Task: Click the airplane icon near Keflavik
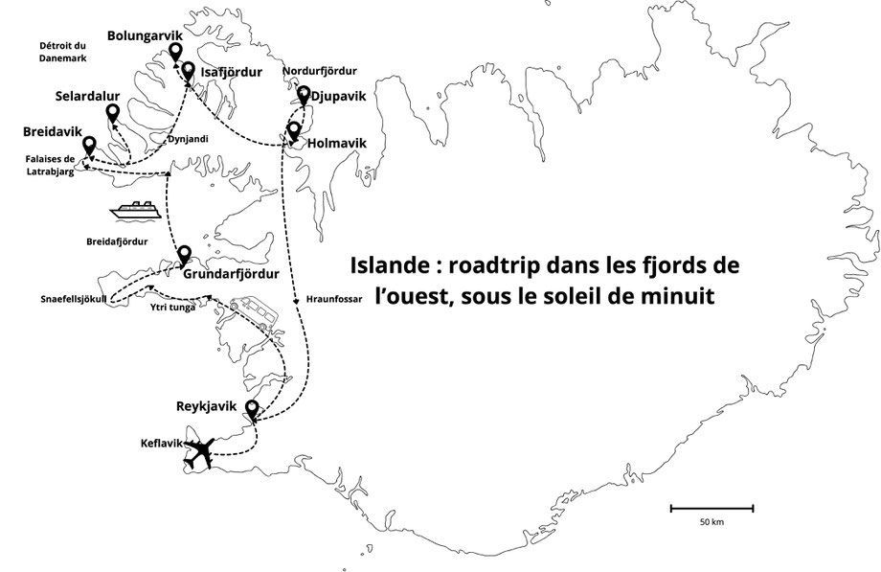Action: pos(198,454)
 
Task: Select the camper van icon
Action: pos(252,312)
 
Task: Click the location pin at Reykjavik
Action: pos(252,410)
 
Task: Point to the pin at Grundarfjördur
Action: pos(184,256)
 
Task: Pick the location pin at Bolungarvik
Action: pos(176,53)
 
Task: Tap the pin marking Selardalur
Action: pos(113,114)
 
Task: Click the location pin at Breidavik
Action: pos(89,147)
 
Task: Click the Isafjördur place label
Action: pos(232,72)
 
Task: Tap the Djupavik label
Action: pos(338,96)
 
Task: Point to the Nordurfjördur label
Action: pos(319,71)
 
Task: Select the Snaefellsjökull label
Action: pos(74,299)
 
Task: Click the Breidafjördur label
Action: pos(117,241)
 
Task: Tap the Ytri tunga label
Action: pos(173,308)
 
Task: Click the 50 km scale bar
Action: pos(712,509)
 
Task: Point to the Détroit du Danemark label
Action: pos(63,52)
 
